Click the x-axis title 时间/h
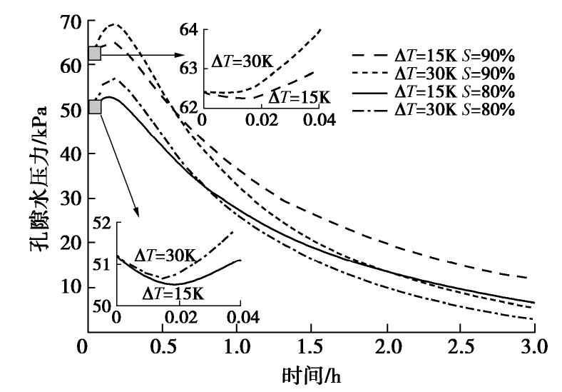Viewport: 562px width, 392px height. [308, 373]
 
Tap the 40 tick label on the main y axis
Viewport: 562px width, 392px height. [68, 154]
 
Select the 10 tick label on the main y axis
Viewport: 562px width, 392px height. [68, 288]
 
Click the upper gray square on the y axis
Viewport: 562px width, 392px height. [94, 53]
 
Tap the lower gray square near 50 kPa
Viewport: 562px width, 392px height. [94, 106]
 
